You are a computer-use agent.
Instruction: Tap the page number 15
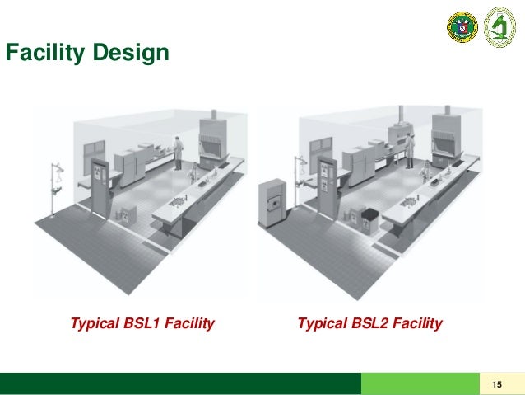tap(496, 384)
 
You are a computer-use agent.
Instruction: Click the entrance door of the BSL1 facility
tap(100, 190)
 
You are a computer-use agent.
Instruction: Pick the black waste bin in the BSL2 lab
tap(369, 219)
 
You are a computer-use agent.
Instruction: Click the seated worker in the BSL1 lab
tap(195, 172)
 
